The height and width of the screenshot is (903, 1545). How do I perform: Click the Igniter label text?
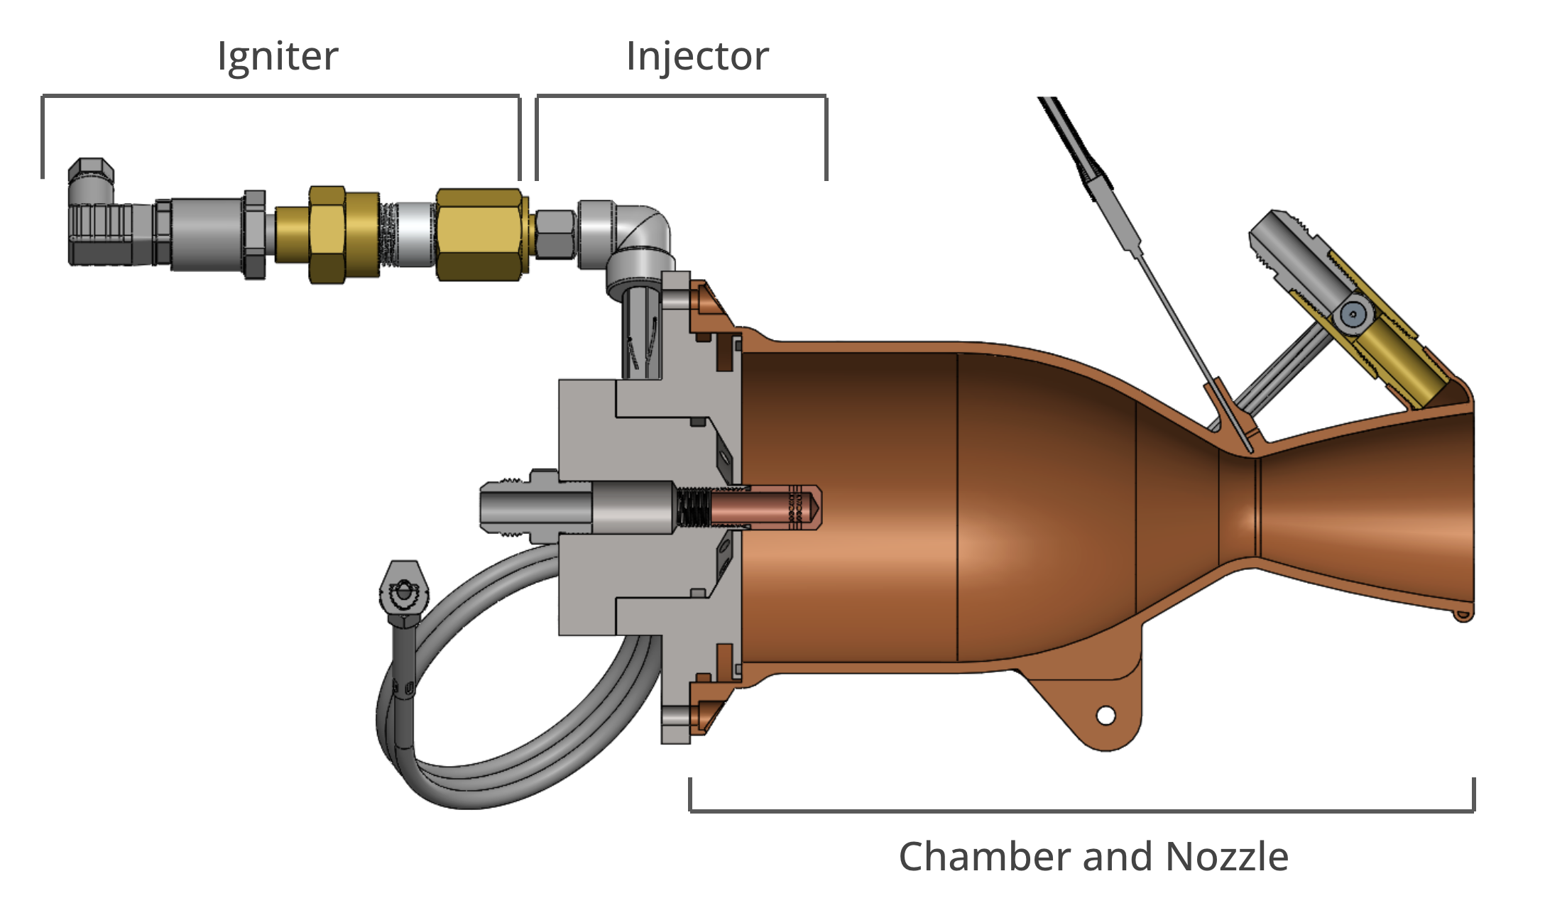[x=278, y=57]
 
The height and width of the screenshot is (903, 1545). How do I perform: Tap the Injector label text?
[x=697, y=57]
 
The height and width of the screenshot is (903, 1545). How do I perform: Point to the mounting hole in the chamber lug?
[x=1105, y=716]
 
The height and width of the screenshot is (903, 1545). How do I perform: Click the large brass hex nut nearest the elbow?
[x=479, y=234]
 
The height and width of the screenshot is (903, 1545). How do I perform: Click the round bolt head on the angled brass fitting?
[x=1353, y=313]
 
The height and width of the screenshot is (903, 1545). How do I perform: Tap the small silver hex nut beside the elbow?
[x=555, y=234]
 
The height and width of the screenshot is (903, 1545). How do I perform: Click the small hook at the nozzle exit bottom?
[x=1463, y=615]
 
